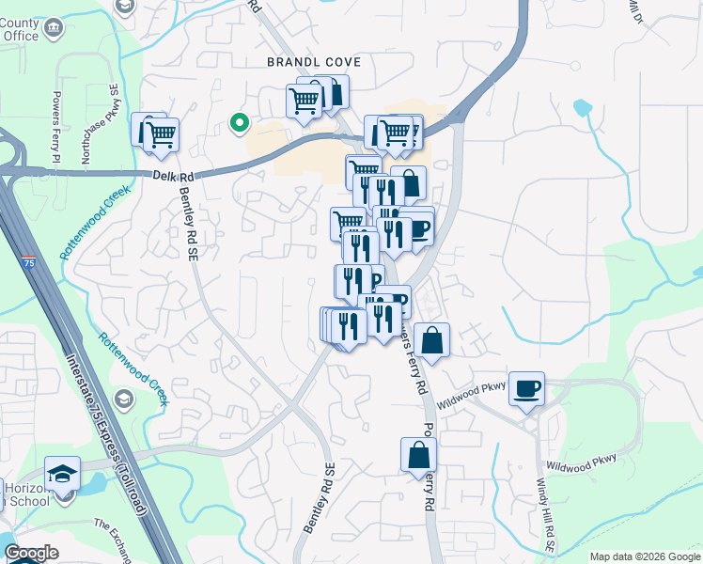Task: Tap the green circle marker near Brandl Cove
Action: click(x=240, y=122)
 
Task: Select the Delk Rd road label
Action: click(x=173, y=176)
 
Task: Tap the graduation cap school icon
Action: click(x=63, y=472)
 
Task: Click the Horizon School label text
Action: click(x=24, y=494)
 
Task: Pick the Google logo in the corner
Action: click(x=31, y=553)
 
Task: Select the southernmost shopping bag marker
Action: click(x=418, y=456)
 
